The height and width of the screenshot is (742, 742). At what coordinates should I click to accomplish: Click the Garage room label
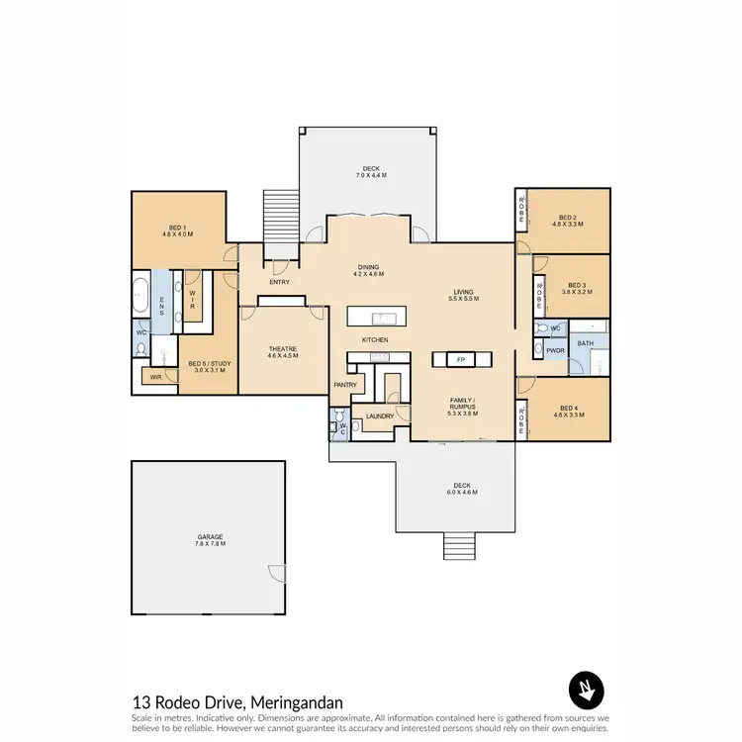(209, 540)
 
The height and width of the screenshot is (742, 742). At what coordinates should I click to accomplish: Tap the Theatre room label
(283, 350)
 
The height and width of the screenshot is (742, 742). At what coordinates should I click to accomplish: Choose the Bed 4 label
(567, 412)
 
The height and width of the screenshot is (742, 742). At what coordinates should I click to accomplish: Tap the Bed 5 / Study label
(208, 366)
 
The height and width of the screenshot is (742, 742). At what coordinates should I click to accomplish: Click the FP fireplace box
(459, 358)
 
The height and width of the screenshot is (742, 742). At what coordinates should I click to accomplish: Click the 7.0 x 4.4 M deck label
(371, 172)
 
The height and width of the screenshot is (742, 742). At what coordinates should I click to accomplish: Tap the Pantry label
(345, 385)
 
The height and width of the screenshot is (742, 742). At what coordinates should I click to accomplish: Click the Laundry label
(379, 416)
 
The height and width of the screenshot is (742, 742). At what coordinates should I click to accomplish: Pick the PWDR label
(554, 349)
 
